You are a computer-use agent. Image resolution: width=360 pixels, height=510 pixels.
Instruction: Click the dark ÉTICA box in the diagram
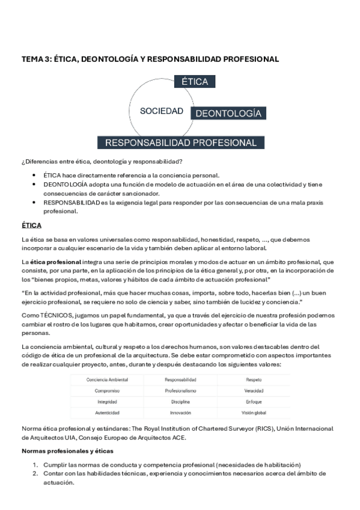click(x=194, y=82)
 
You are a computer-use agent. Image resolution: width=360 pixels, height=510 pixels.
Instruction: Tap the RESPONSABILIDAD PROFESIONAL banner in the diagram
click(x=181, y=143)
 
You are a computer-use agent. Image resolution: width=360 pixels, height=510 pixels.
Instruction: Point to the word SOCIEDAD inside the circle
click(x=161, y=111)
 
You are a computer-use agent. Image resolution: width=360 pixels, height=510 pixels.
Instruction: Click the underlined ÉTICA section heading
click(x=31, y=225)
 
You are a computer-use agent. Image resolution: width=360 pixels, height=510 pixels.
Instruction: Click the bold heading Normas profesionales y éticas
click(x=63, y=450)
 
